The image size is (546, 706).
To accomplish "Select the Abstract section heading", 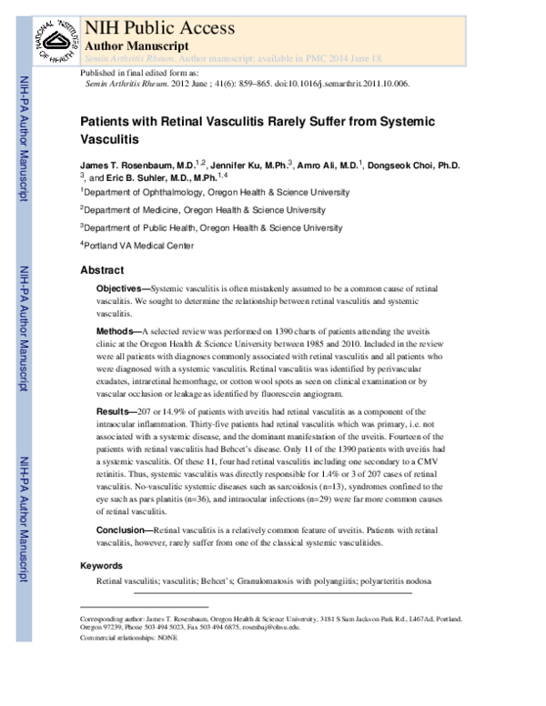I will click(x=102, y=270).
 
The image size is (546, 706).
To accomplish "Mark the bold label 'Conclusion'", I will click(x=125, y=529).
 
